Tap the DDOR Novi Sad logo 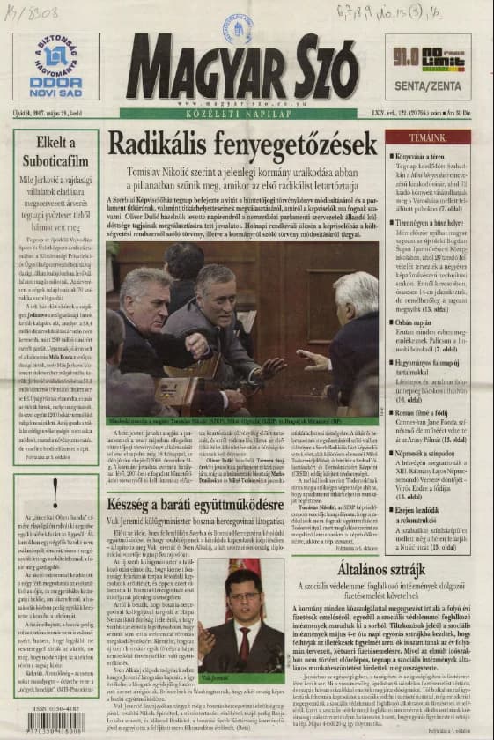pos(55,67)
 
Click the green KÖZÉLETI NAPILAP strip pos(242,113)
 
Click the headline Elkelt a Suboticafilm pos(55,153)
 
